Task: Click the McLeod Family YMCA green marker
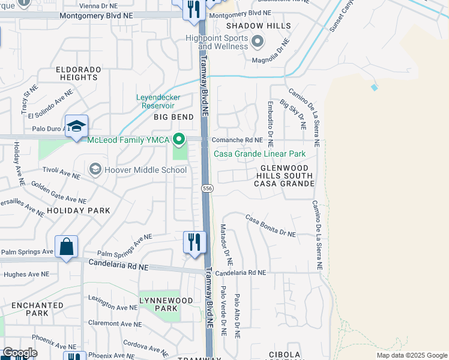pos(179,140)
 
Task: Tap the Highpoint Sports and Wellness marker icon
pos(258,41)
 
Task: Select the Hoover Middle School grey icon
pos(94,170)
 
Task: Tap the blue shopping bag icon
pos(66,247)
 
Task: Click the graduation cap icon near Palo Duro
pos(77,127)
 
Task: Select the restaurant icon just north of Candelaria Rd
pos(194,242)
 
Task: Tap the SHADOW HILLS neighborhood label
pos(258,26)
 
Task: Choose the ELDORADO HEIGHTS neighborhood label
pos(78,73)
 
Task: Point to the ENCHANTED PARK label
pos(37,309)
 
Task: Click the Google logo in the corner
pos(20,352)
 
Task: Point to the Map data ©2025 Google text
pos(411,355)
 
